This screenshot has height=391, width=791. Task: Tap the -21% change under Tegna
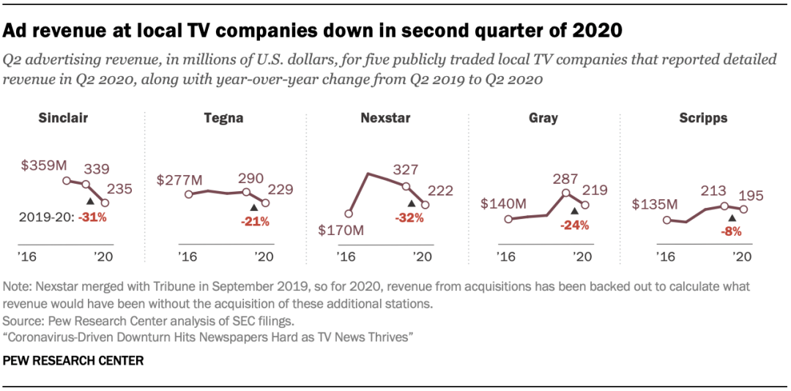[255, 220]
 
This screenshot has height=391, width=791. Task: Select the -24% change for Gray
[575, 225]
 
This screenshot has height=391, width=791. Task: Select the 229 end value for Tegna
[281, 189]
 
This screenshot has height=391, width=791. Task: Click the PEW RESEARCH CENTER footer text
[73, 361]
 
